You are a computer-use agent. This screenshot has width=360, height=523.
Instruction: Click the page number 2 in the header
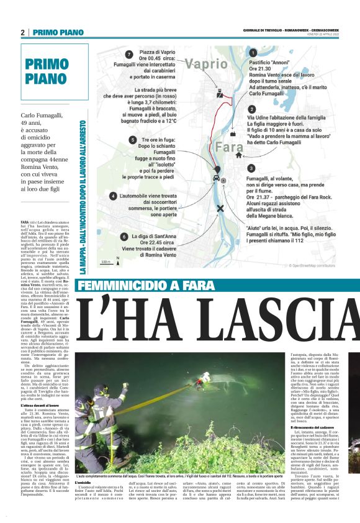tap(22, 32)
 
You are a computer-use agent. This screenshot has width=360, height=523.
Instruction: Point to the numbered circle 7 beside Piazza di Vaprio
tap(128, 54)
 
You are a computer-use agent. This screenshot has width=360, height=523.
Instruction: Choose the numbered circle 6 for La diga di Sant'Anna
tap(124, 237)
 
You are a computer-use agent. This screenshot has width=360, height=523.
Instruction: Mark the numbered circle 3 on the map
tap(251, 168)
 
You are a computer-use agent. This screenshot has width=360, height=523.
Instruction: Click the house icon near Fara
tap(232, 132)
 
